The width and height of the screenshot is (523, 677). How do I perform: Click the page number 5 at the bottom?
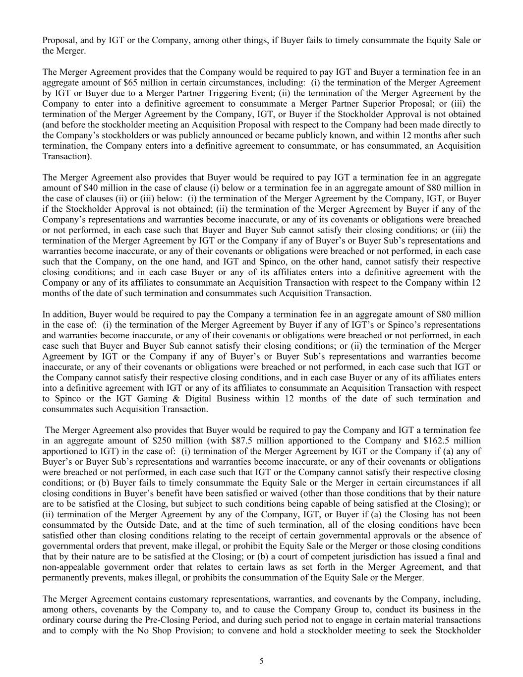pyautogui.click(x=261, y=661)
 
